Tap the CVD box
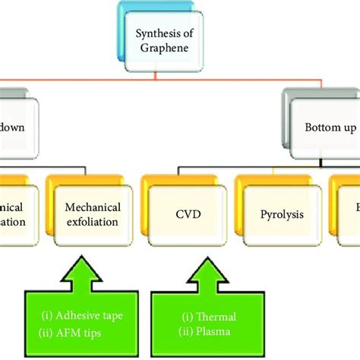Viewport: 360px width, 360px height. (x=182, y=214)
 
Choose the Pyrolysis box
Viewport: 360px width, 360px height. (x=278, y=214)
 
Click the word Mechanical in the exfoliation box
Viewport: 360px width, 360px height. (x=92, y=207)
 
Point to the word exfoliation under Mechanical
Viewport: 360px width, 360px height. (x=92, y=222)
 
